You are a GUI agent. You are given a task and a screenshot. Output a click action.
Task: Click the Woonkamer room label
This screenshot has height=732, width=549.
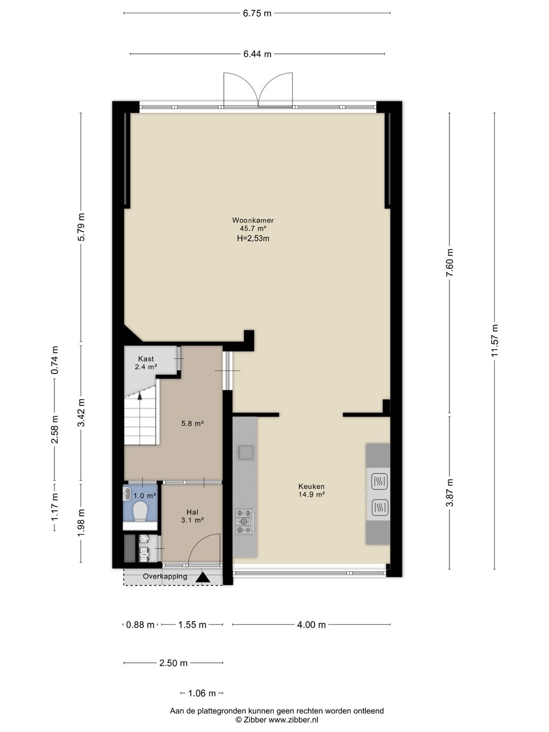pyautogui.click(x=253, y=221)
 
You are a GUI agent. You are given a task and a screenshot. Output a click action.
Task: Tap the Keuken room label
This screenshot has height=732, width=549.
pyautogui.click(x=311, y=486)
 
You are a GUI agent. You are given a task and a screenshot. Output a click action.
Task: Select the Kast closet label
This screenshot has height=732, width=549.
pyautogui.click(x=146, y=359)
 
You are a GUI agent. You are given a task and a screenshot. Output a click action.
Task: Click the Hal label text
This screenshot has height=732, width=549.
pyautogui.click(x=192, y=512)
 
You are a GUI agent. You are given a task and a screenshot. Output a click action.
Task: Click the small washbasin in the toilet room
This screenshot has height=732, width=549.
pyautogui.click(x=127, y=493)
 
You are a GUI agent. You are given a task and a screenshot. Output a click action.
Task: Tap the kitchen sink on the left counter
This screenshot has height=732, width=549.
pyautogui.click(x=246, y=452)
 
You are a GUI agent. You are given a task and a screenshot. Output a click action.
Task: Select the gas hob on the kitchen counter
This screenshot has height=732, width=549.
pyautogui.click(x=245, y=522)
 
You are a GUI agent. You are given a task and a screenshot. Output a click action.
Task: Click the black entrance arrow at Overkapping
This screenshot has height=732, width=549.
pyautogui.click(x=203, y=577)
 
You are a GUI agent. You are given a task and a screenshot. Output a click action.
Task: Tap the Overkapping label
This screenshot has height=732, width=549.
pyautogui.click(x=165, y=576)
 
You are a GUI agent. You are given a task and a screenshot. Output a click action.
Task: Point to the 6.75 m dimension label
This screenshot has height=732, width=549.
pyautogui.click(x=257, y=13)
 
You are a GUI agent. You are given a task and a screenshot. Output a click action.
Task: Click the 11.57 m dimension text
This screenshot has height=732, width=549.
pyautogui.click(x=494, y=340)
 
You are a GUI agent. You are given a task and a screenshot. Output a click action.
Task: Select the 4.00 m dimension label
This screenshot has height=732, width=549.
pyautogui.click(x=311, y=625)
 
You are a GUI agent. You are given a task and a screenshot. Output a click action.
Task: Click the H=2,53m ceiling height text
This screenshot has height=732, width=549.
pyautogui.click(x=253, y=238)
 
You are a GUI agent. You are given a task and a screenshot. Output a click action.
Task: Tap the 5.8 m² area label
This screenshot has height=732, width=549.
pyautogui.click(x=192, y=423)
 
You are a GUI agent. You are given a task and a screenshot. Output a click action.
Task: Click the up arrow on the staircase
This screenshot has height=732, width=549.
pyautogui.click(x=140, y=396)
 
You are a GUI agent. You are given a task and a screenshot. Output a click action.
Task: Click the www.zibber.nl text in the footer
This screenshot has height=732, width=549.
pyautogui.click(x=293, y=720)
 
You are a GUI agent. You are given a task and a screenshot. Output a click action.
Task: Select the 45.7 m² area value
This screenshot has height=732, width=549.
pyautogui.click(x=253, y=229)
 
